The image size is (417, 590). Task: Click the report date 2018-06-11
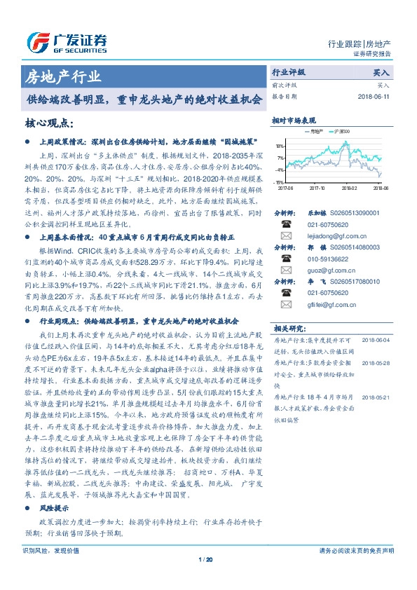[374, 97]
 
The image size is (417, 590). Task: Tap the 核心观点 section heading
[50, 123]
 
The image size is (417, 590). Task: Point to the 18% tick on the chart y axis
[280, 146]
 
